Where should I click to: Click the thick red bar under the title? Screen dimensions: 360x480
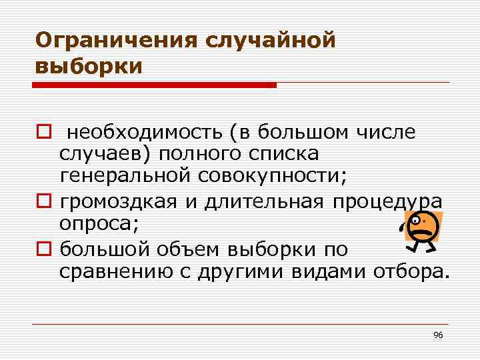click(x=155, y=85)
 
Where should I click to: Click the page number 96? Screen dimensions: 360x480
click(x=437, y=334)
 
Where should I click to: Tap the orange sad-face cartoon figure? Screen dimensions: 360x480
click(x=421, y=230)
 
